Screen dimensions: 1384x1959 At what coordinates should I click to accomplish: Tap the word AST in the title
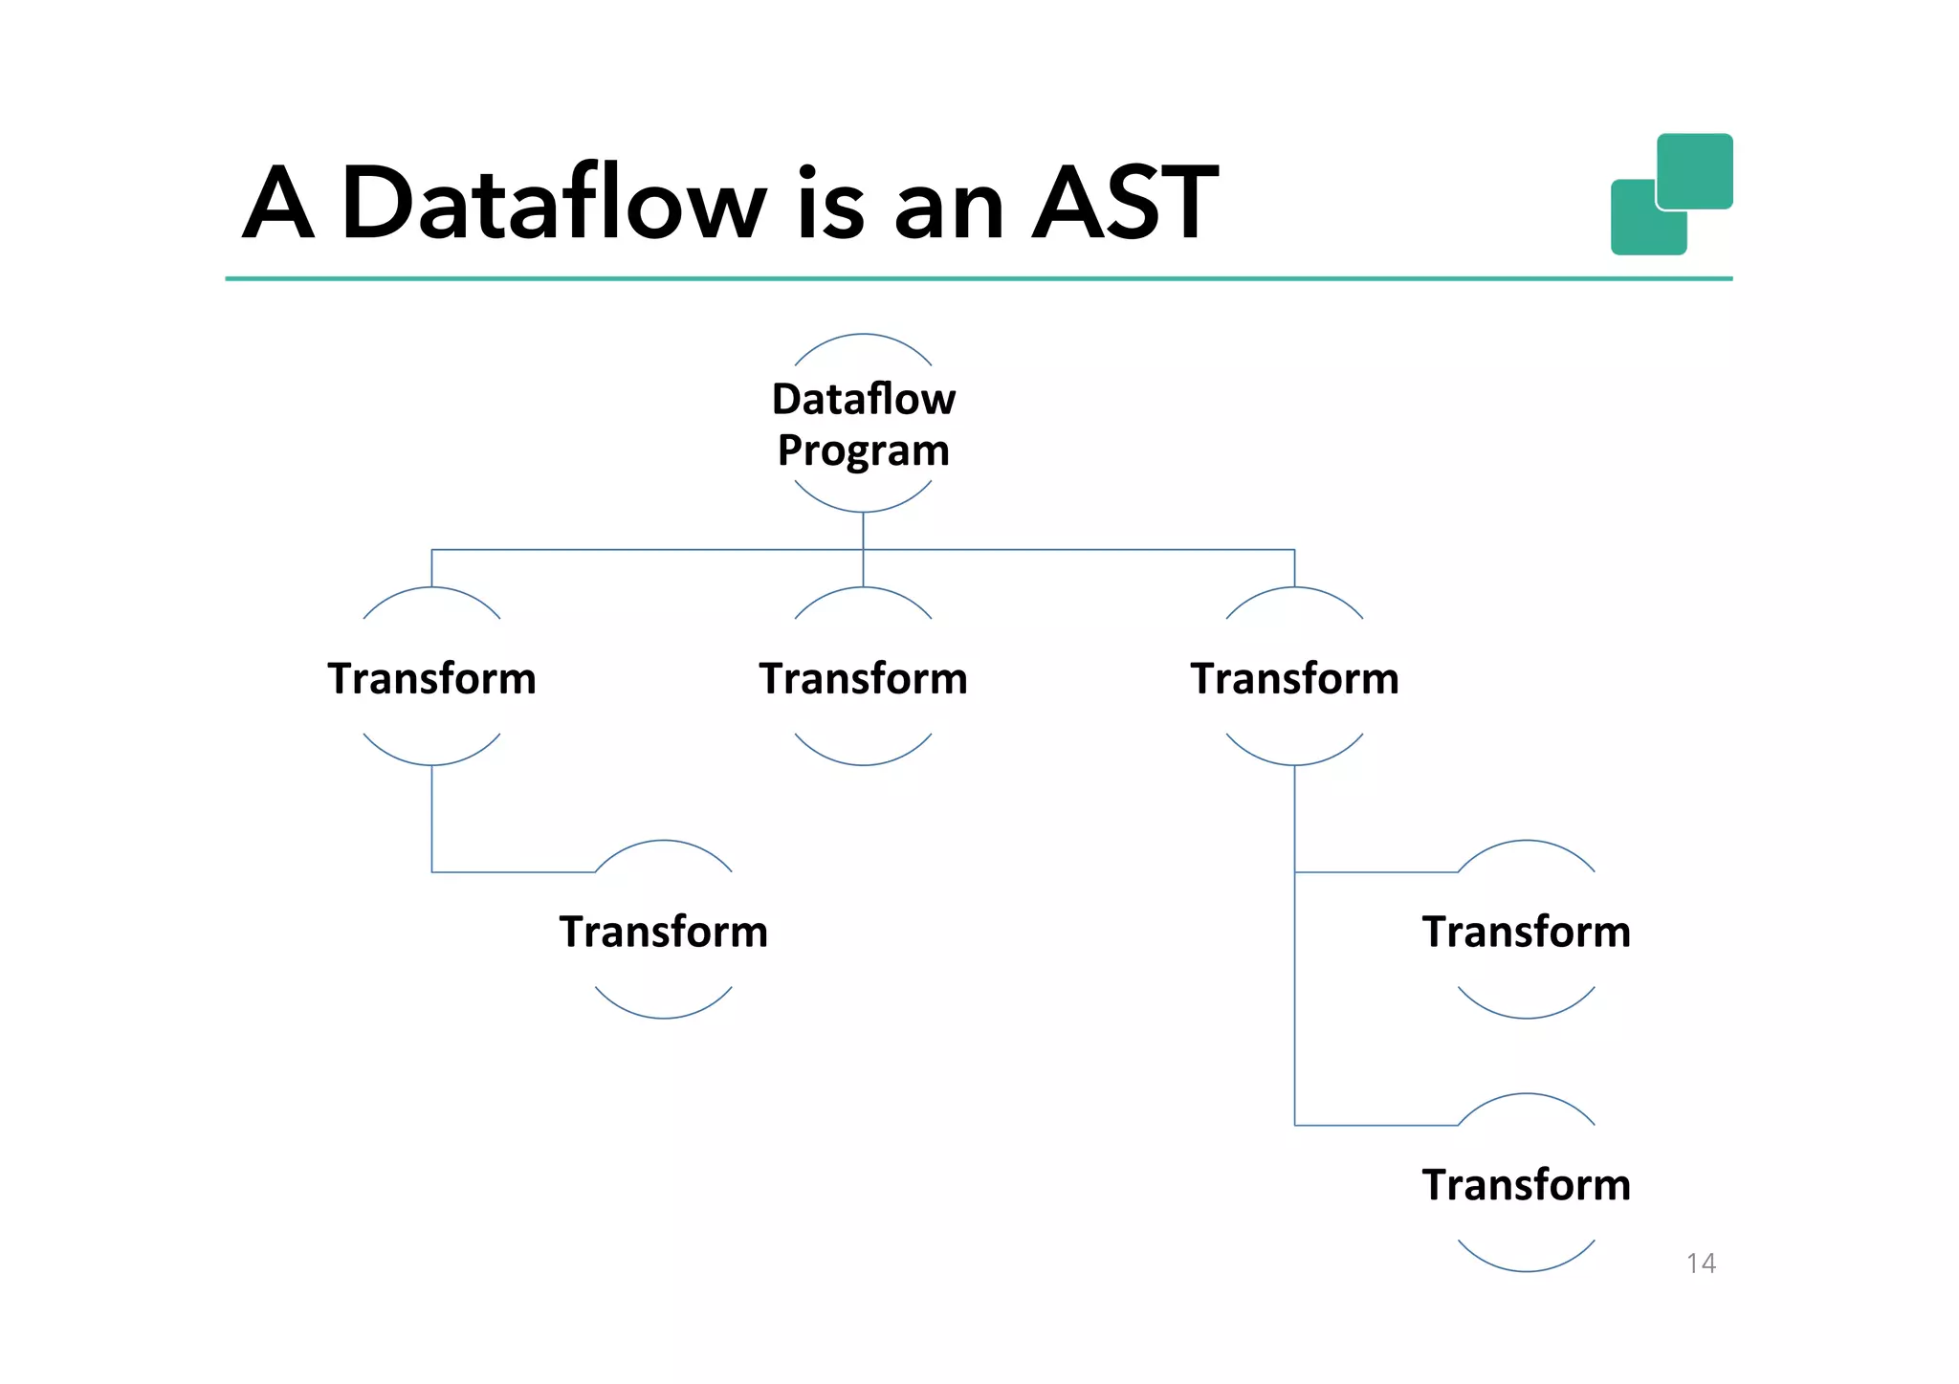click(1124, 203)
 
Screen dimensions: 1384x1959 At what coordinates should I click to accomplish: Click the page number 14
click(1701, 1263)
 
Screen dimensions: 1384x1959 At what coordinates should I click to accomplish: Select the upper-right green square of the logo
click(1695, 169)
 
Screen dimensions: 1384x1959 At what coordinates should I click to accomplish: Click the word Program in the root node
click(863, 450)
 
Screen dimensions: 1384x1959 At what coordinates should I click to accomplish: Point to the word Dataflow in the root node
click(863, 399)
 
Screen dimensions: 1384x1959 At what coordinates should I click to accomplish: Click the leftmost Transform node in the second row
click(431, 678)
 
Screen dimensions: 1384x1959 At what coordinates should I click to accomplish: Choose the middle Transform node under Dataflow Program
click(863, 678)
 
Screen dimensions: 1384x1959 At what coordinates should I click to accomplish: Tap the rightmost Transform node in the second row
click(1294, 678)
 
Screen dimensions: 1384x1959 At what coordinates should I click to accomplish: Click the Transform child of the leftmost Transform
click(663, 932)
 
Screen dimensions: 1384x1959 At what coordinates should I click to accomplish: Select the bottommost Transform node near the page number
click(1526, 1185)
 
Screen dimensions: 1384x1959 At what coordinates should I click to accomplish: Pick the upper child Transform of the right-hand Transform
click(1526, 932)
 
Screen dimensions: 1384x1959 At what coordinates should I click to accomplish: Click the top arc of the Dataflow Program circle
click(863, 335)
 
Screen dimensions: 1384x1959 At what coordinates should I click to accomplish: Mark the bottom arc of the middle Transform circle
click(863, 764)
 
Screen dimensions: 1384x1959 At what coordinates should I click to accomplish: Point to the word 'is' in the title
click(829, 203)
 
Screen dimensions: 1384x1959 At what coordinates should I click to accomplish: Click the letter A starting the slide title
click(277, 203)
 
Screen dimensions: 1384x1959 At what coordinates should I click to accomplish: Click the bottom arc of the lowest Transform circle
click(1526, 1270)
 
